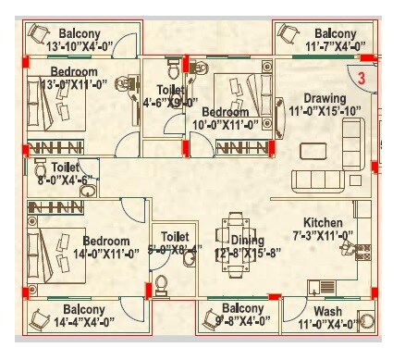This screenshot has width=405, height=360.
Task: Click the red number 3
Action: click(362, 79)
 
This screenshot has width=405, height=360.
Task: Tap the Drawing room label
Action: click(324, 98)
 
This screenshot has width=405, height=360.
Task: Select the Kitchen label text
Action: click(324, 223)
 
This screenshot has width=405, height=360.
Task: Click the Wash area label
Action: click(328, 311)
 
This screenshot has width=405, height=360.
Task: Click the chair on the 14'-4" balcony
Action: click(38, 320)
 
